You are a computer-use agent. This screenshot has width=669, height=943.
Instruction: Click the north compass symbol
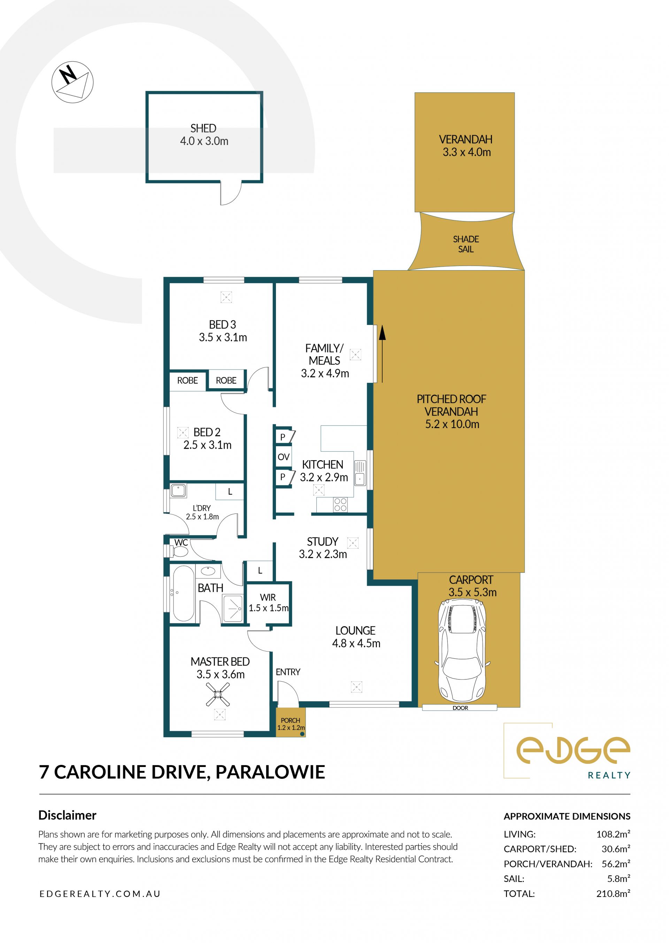[72, 82]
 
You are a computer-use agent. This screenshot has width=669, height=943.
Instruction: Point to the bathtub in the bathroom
[183, 593]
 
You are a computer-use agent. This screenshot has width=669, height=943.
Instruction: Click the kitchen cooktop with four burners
[340, 504]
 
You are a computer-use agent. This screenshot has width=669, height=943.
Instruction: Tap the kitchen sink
[360, 473]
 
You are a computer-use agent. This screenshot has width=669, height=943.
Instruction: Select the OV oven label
[283, 457]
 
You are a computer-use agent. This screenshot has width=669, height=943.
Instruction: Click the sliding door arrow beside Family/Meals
[382, 353]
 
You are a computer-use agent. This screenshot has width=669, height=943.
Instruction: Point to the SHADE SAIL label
[466, 244]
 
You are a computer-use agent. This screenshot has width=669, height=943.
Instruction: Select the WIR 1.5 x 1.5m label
[269, 602]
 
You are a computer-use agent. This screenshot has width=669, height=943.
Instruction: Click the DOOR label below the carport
[460, 708]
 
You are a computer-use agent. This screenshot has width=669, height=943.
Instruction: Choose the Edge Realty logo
[567, 751]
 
